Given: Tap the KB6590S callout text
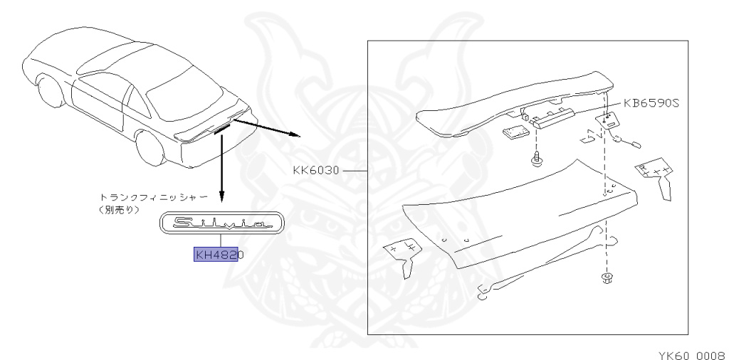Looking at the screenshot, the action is coord(652,102).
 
